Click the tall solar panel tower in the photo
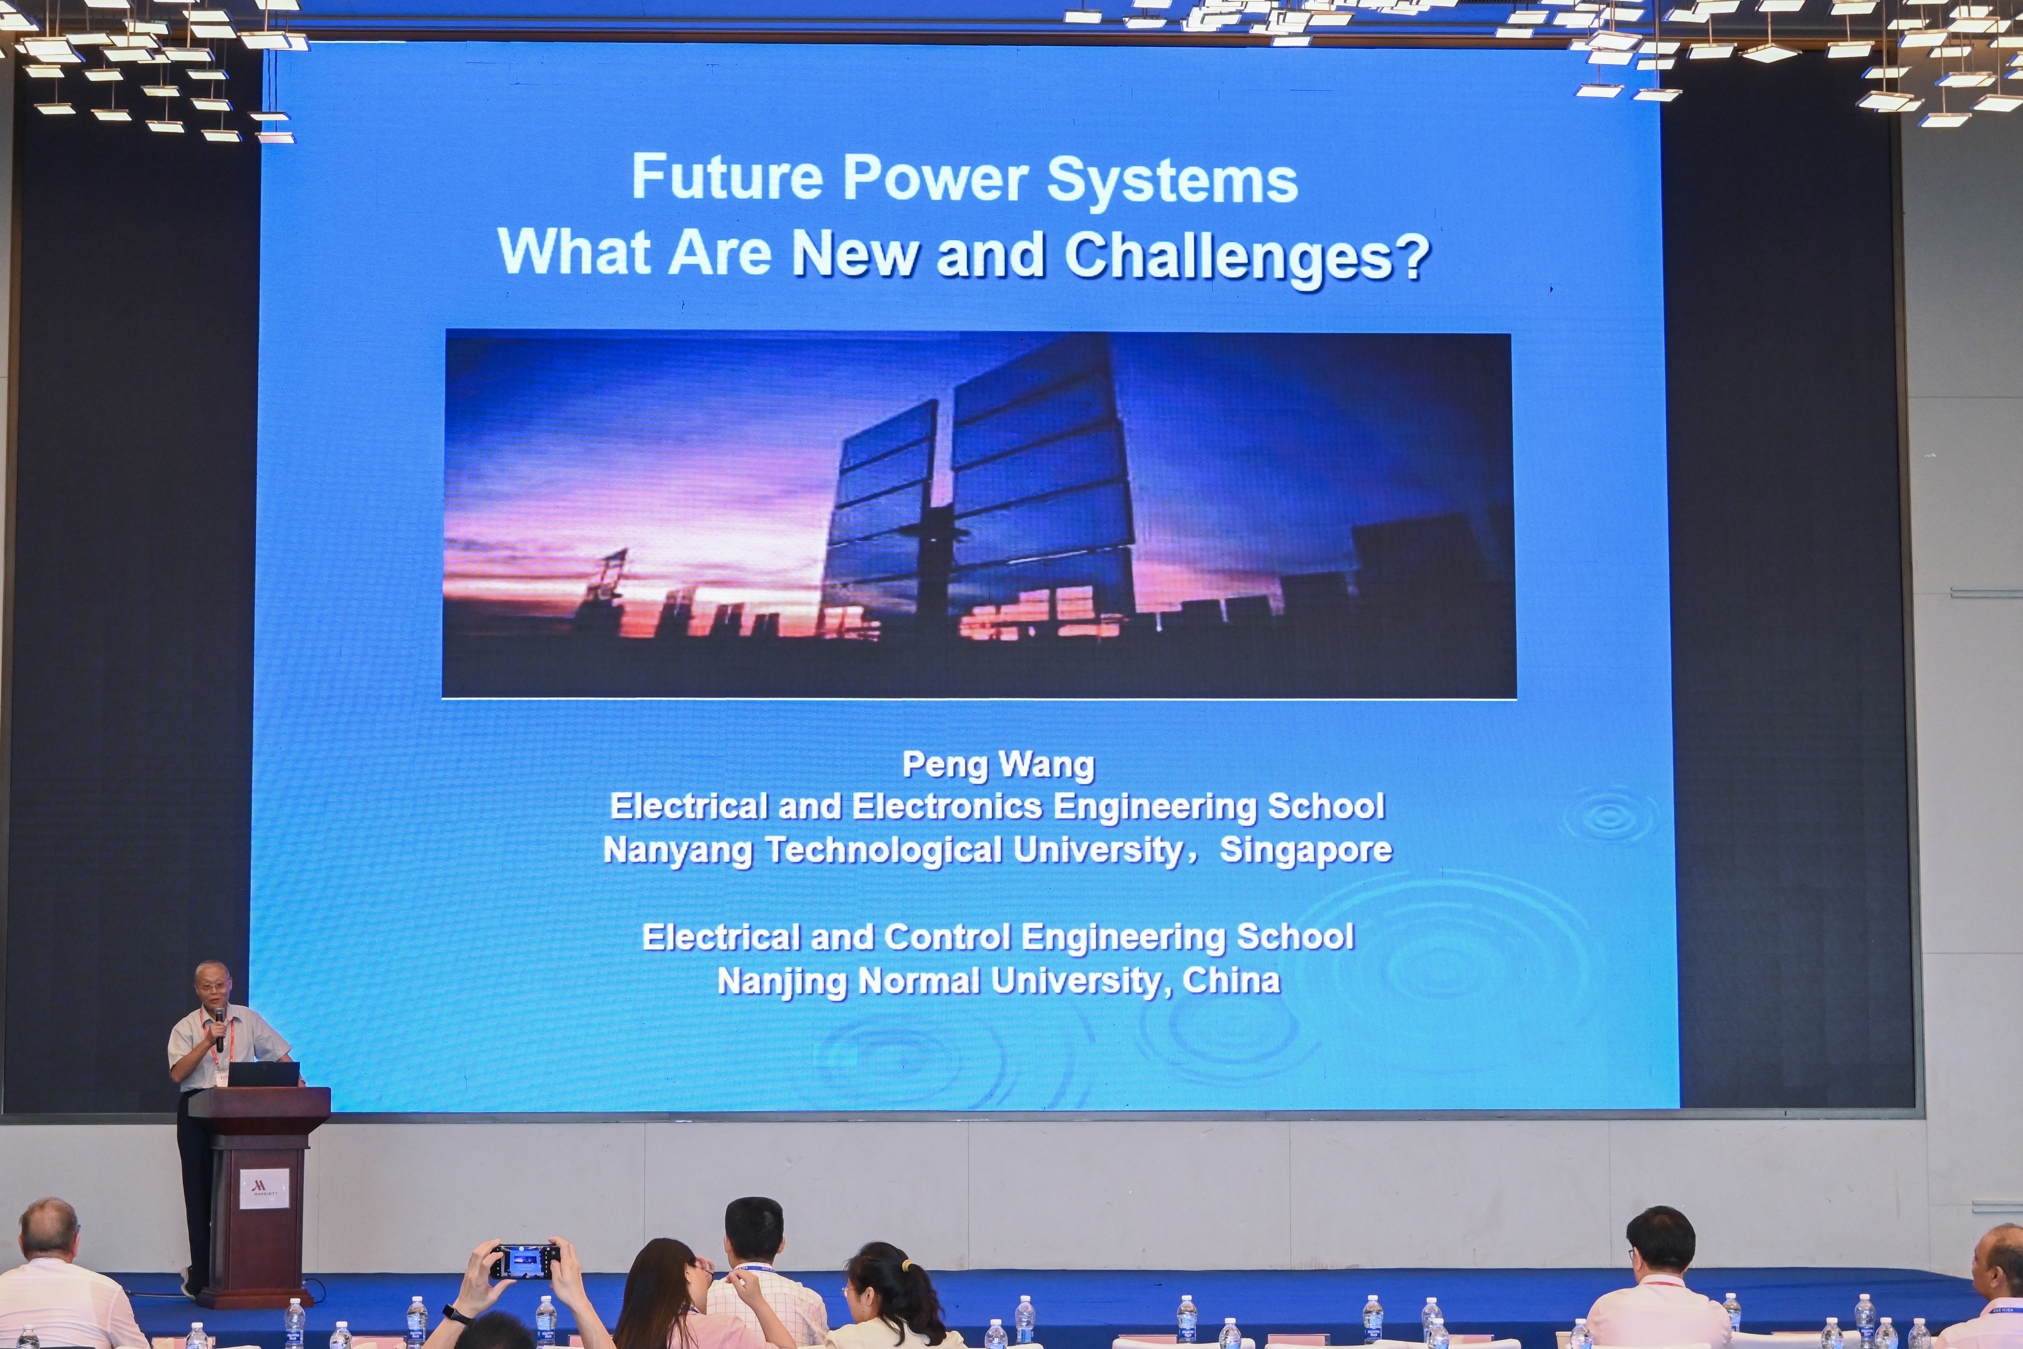click(981, 490)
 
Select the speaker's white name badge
click(222, 1076)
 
